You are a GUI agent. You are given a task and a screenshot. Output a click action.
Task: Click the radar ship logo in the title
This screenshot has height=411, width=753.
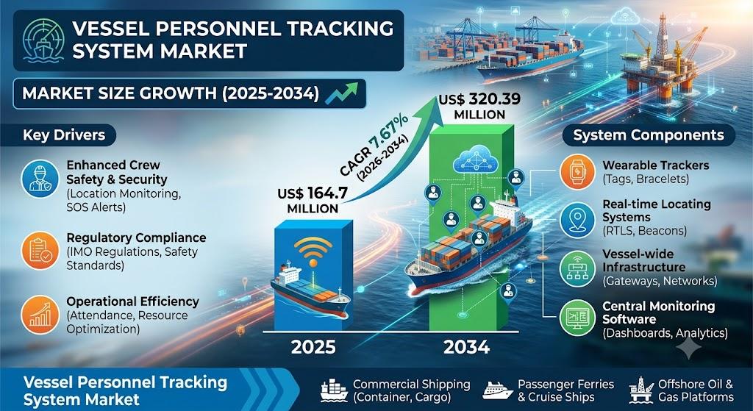(43, 40)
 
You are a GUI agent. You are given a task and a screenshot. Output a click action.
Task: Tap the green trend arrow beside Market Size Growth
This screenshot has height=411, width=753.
(341, 93)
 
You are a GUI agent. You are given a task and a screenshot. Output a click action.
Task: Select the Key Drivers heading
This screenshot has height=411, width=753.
(64, 135)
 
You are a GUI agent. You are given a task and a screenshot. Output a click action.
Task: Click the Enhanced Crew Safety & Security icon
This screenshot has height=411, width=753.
(40, 179)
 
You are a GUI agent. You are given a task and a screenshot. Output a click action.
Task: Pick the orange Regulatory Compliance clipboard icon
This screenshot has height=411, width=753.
(40, 250)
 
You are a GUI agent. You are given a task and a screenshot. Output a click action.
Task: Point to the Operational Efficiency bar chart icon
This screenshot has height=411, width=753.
(40, 315)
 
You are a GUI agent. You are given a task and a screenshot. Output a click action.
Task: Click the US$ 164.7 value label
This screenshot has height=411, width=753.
(313, 201)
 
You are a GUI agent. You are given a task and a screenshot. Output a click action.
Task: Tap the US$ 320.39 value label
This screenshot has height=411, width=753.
(479, 107)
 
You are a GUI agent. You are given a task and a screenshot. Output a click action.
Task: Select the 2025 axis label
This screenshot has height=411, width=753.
(313, 346)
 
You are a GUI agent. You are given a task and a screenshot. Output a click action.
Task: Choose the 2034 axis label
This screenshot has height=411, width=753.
(466, 346)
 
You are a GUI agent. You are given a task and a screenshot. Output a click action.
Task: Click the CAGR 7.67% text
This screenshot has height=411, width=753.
(375, 146)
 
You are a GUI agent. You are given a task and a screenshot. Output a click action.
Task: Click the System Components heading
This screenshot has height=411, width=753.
(649, 135)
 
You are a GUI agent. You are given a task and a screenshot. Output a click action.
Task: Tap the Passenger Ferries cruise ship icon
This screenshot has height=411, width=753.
(498, 390)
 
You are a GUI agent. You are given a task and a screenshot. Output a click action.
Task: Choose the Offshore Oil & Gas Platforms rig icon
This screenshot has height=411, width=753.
(641, 390)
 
